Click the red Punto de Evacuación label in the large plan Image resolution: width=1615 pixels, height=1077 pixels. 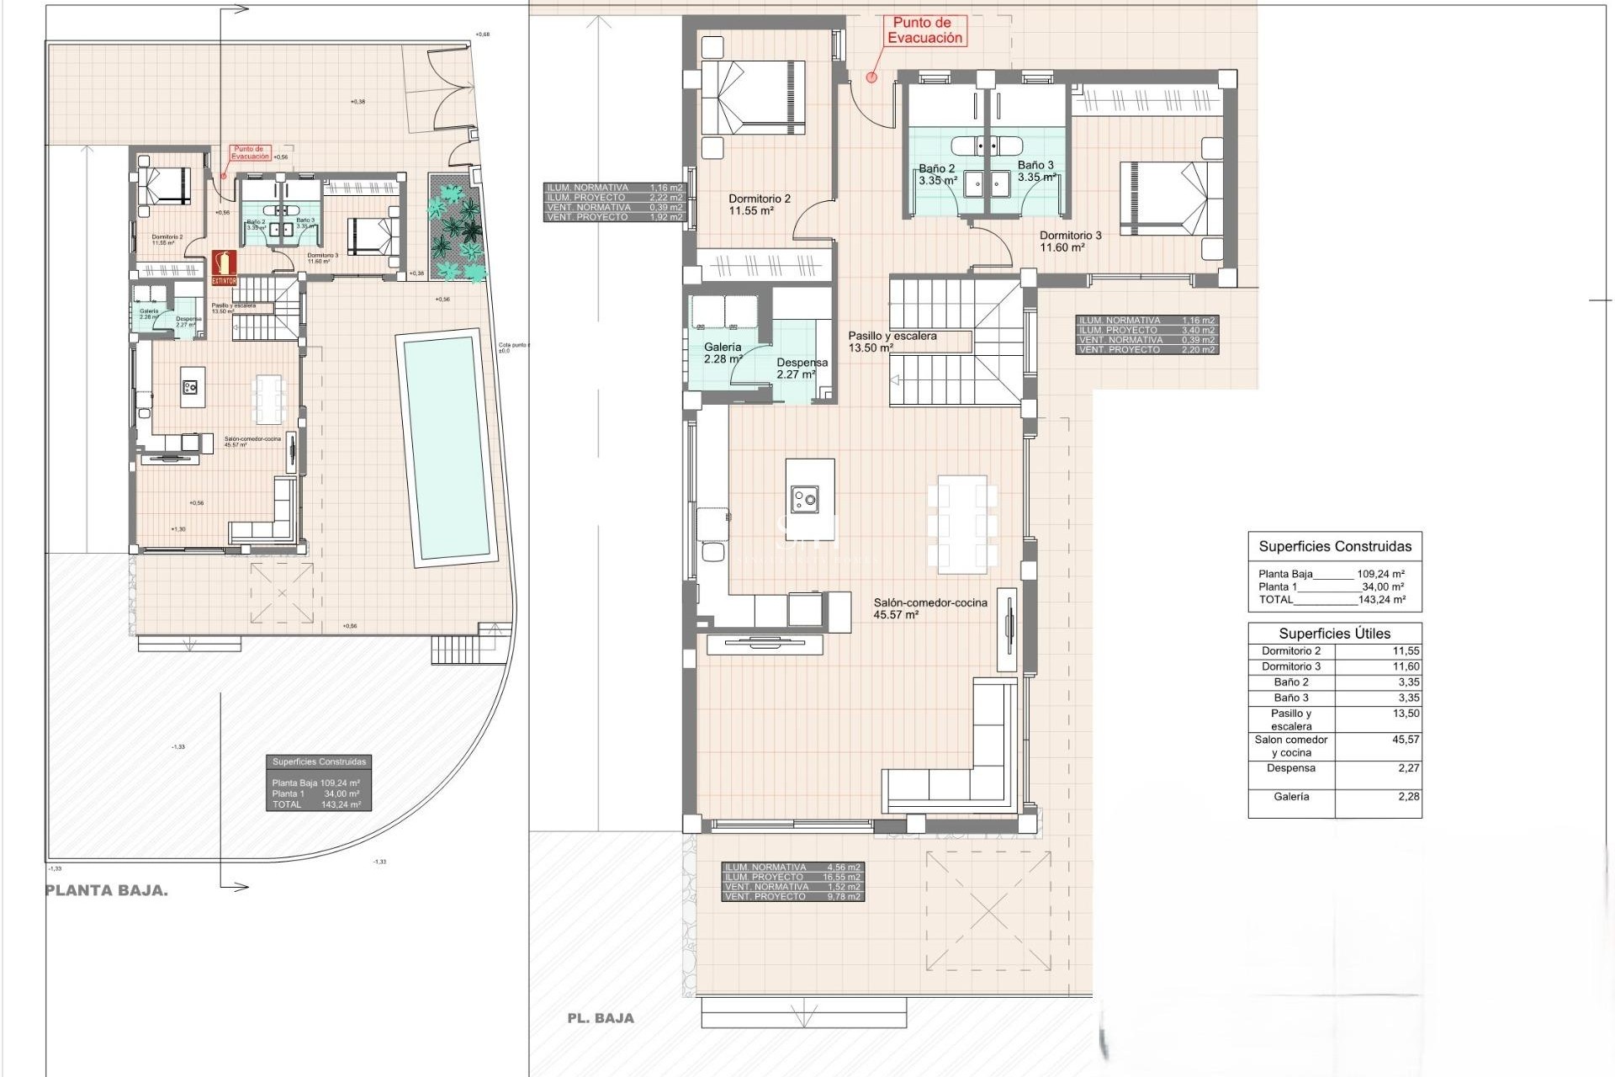pyautogui.click(x=925, y=31)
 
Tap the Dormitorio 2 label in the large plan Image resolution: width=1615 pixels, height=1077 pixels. pyautogui.click(x=759, y=205)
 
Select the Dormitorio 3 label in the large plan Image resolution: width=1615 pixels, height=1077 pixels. pyautogui.click(x=1070, y=241)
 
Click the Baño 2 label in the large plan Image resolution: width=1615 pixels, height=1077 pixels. pyautogui.click(x=937, y=174)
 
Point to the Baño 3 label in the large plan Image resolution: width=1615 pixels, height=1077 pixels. pyautogui.click(x=1035, y=172)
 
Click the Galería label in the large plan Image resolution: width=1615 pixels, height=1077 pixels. pyautogui.click(x=723, y=353)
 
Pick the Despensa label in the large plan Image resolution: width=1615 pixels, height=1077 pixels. pyautogui.click(x=801, y=369)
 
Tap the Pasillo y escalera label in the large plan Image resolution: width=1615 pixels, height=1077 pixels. pyautogui.click(x=892, y=342)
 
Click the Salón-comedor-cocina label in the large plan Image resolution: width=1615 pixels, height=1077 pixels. pyautogui.click(x=929, y=608)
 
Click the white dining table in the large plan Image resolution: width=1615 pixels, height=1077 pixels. pyautogui.click(x=957, y=522)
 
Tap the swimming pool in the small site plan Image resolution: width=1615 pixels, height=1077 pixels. pyautogui.click(x=447, y=447)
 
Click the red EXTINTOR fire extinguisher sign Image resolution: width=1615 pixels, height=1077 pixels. pyautogui.click(x=224, y=268)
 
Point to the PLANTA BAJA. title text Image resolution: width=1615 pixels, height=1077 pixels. pyautogui.click(x=106, y=891)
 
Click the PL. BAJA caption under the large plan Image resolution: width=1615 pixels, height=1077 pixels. pyautogui.click(x=601, y=1018)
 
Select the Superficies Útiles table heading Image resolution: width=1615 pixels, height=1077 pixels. pyautogui.click(x=1334, y=634)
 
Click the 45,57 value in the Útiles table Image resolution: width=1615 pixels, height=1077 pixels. pyautogui.click(x=1406, y=740)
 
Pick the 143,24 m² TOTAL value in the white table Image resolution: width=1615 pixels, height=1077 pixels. pyautogui.click(x=1381, y=600)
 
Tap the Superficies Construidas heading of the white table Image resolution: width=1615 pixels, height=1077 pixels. pyautogui.click(x=1335, y=546)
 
